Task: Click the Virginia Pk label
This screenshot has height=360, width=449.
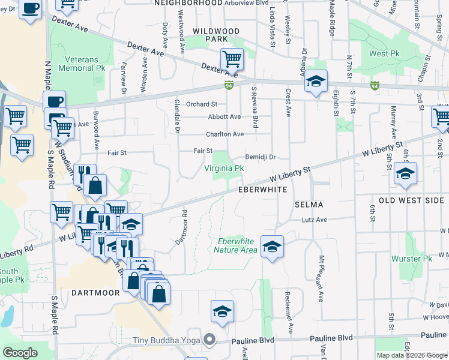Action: click(224, 169)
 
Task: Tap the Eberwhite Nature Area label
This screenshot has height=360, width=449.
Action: click(235, 245)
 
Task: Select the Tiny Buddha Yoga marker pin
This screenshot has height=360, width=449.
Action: click(209, 340)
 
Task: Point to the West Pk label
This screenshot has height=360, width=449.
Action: click(384, 53)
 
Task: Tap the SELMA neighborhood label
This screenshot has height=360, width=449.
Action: click(309, 205)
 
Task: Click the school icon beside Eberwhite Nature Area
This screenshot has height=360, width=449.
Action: click(272, 246)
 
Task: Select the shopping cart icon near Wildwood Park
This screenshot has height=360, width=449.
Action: click(232, 59)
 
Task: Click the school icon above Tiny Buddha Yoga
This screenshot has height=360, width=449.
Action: click(222, 311)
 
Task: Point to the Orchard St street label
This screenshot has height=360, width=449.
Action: click(201, 104)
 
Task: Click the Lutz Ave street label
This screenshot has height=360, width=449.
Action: click(314, 220)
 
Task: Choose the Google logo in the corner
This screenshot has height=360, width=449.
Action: click(20, 353)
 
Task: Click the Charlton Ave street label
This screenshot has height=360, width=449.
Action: click(225, 134)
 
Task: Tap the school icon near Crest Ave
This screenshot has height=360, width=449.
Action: click(315, 81)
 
